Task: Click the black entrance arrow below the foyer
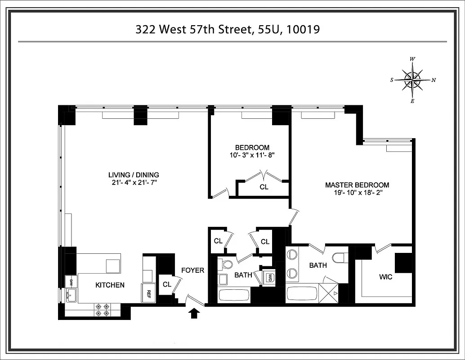tap(194, 313)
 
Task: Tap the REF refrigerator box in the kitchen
tap(148, 292)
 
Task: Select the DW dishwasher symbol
tap(71, 283)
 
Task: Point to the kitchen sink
tap(71, 296)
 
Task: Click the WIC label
tap(386, 277)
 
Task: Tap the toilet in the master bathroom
tap(339, 258)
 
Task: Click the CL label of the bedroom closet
tap(264, 187)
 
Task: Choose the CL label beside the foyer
tap(167, 284)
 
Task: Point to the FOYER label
tap(192, 270)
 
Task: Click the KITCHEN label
tap(110, 285)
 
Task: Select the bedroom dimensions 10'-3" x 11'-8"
tap(252, 155)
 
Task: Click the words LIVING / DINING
tap(134, 175)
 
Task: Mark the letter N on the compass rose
tap(434, 81)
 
